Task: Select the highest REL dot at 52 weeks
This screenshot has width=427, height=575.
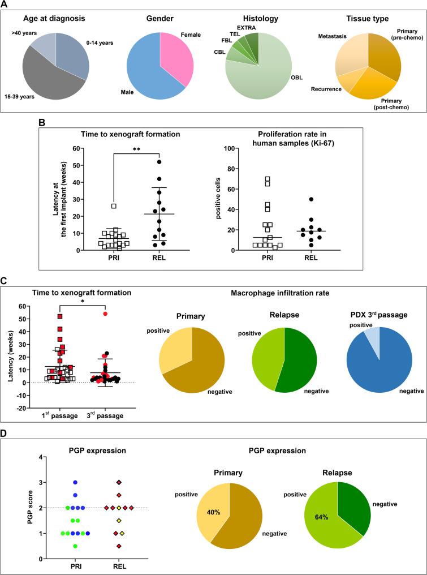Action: tap(159, 162)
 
